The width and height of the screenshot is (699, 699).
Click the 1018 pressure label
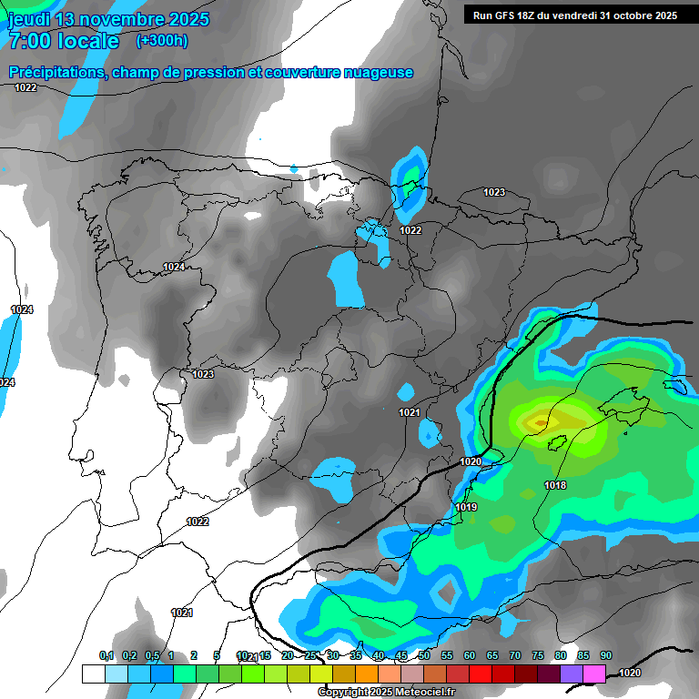pos(555,485)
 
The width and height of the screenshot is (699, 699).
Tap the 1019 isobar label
pos(466,507)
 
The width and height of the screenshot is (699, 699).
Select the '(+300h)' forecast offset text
pos(161,41)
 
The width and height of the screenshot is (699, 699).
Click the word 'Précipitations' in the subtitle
pos(54,72)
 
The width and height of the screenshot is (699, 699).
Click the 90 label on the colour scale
pos(605,655)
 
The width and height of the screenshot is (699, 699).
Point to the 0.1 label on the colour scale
pos(106,655)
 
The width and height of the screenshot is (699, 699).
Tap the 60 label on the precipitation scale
pos(470,655)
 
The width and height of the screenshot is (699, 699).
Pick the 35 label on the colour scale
pos(356,655)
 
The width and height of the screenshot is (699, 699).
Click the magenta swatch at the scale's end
pos(594,674)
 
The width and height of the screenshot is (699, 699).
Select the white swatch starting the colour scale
pos(93,674)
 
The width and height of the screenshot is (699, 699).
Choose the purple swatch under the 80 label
pos(572,674)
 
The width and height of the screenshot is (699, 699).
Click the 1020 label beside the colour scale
pos(629,673)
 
